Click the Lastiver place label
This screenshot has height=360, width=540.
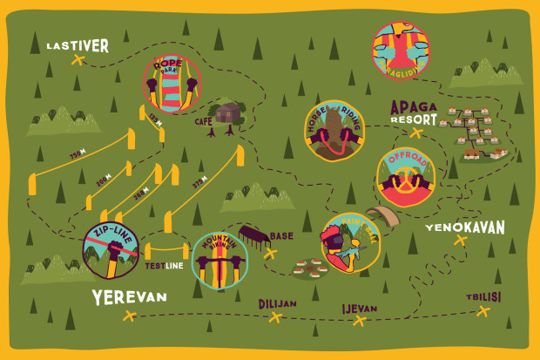77,45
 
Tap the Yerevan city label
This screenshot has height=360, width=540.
129,297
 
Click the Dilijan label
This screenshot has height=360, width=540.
278,303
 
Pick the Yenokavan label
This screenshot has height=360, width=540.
464,228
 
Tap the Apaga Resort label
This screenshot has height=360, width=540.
415,112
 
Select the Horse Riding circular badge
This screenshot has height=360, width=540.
333,131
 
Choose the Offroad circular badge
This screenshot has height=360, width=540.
405,178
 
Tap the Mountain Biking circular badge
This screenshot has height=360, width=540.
219,260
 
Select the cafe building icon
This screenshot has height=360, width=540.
228,113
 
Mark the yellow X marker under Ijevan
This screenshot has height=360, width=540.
358,321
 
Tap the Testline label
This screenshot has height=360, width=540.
164,265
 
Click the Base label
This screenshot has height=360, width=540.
281,236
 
